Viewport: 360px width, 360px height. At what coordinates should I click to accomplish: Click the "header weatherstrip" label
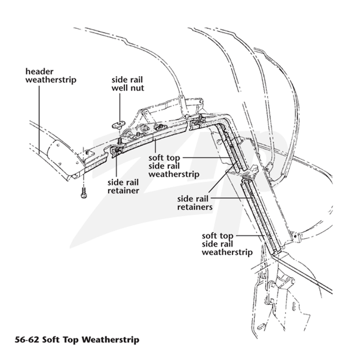coord(51,76)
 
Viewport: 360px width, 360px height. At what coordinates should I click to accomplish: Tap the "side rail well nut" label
coord(128,84)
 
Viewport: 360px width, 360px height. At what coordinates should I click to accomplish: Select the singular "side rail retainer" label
coord(123,186)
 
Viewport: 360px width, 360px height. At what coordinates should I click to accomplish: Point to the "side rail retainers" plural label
coord(195,203)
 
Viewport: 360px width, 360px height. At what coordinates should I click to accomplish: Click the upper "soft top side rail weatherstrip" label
coord(174,166)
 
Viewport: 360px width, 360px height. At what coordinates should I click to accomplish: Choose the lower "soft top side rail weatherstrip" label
coord(227,244)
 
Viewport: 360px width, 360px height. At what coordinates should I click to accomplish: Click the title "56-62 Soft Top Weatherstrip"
coord(77,340)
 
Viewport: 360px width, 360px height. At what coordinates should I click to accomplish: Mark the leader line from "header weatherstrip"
coord(39,120)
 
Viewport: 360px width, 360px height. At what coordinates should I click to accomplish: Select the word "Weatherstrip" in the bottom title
coord(110,340)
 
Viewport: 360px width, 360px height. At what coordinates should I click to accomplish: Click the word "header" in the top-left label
coord(39,72)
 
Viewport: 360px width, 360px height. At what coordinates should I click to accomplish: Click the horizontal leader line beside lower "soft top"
coord(249,235)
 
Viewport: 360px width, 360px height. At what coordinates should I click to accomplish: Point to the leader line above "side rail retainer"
coord(117,165)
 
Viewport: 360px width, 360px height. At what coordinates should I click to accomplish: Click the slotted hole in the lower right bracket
coord(295,307)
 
